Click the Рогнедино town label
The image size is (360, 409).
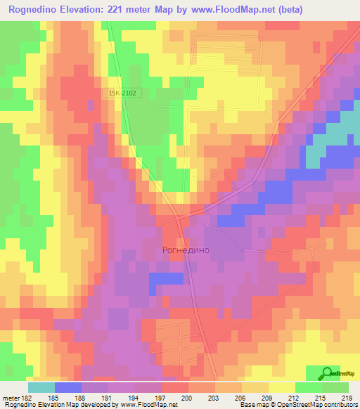click(186, 249)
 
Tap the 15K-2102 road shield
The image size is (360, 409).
click(122, 93)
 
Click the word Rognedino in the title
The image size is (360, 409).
click(32, 9)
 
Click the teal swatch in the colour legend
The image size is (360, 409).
click(41, 387)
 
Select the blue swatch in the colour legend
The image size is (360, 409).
click(68, 387)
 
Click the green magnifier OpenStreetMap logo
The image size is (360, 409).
click(326, 374)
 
